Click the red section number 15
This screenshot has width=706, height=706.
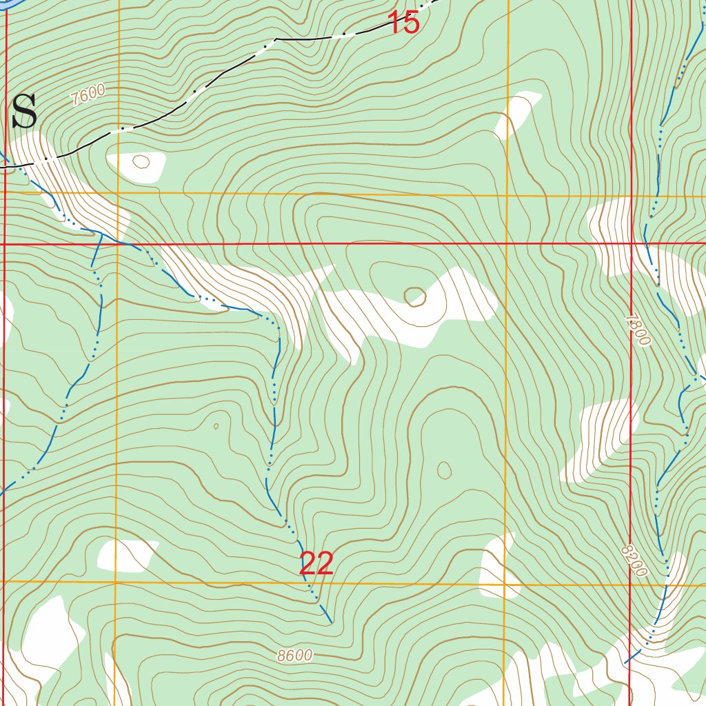pyautogui.click(x=404, y=23)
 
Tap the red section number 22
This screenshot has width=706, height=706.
pyautogui.click(x=316, y=564)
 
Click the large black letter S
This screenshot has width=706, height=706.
pyautogui.click(x=24, y=112)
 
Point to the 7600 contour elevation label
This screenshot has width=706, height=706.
pyautogui.click(x=88, y=94)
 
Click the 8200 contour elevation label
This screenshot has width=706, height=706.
pyautogui.click(x=634, y=560)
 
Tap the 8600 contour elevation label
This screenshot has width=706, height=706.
pyautogui.click(x=295, y=656)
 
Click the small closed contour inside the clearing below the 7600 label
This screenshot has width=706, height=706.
pyautogui.click(x=141, y=162)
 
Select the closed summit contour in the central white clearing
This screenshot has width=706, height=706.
pyautogui.click(x=414, y=297)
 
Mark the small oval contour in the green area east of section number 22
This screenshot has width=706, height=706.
pyautogui.click(x=445, y=470)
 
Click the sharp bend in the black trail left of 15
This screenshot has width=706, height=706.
pyautogui.click(x=276, y=39)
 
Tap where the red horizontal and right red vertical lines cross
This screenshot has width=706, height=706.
pyautogui.click(x=632, y=243)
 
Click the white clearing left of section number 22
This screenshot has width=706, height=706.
pyautogui.click(x=125, y=556)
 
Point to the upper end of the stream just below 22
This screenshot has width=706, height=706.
pyautogui.click(x=331, y=622)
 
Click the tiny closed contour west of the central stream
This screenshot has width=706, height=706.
pyautogui.click(x=216, y=426)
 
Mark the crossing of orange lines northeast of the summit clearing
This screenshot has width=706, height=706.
pyautogui.click(x=507, y=196)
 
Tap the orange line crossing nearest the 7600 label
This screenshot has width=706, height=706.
pyautogui.click(x=118, y=194)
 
